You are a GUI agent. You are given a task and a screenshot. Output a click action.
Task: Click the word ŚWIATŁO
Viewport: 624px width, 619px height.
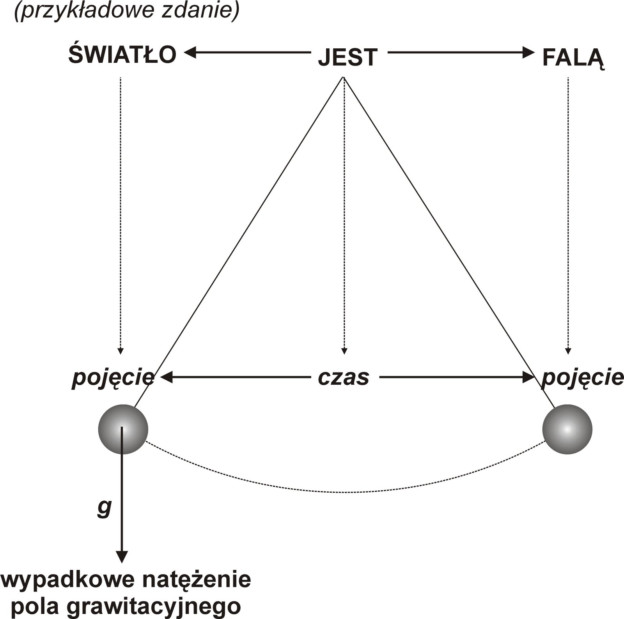coord(122,55)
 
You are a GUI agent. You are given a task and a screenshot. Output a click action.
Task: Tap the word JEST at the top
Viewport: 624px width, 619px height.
coord(347,58)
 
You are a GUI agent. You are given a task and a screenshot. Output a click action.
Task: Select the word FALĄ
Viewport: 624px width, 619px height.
coord(573,58)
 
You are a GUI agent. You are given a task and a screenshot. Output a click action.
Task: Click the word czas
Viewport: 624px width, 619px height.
coord(343,377)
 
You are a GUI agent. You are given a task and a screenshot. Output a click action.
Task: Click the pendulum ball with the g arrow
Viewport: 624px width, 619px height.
coord(123,429)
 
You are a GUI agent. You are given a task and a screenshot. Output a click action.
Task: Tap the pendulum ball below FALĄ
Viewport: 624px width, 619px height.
coord(567,429)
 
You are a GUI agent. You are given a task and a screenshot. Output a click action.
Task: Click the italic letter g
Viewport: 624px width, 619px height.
coord(104,507)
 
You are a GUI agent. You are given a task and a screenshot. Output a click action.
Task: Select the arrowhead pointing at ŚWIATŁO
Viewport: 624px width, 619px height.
coord(190,52)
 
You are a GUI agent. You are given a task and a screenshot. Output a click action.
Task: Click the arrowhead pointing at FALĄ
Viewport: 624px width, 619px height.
coord(528,52)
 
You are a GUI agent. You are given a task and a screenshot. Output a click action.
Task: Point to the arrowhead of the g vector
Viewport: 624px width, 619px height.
coord(122,557)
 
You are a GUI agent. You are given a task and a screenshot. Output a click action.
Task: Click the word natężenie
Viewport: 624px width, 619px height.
coord(196,580)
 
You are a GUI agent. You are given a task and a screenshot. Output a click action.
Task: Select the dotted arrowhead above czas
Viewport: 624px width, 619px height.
coord(344,351)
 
